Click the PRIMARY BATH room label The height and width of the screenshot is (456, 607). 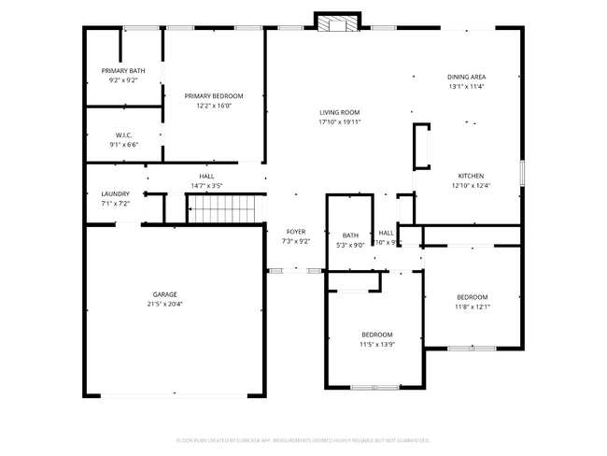(123, 71)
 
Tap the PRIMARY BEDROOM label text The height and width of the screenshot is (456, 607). (214, 96)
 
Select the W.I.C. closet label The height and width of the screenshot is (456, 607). (123, 135)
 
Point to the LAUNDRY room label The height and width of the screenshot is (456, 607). (116, 193)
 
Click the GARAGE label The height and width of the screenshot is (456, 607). (164, 294)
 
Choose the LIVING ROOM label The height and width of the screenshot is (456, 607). (339, 112)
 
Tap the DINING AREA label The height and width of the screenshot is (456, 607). (467, 77)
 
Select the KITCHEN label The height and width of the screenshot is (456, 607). (471, 176)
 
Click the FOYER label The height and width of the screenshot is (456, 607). (295, 232)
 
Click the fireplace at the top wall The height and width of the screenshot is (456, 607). (337, 22)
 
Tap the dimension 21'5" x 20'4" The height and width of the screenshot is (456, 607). (164, 304)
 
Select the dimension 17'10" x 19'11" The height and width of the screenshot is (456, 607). (339, 121)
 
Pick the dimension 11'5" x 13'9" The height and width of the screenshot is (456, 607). (377, 344)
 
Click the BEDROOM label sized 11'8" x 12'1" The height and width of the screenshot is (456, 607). (472, 297)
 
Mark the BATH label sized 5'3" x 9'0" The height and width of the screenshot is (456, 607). (350, 235)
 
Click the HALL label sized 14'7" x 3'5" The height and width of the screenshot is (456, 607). (206, 176)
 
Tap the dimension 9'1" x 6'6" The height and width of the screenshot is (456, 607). (123, 145)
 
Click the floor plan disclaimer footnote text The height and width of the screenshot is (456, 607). (303, 440)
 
